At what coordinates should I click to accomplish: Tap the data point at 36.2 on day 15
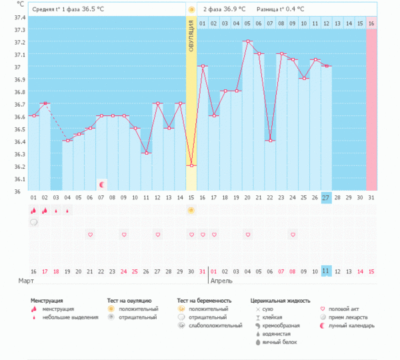191,165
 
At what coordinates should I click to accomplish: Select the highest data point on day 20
247,41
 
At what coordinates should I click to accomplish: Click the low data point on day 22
270,141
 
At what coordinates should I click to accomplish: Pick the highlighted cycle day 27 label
327,198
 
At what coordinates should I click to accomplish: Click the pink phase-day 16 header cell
371,24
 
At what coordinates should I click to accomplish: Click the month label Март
27,281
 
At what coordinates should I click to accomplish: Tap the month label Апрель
221,281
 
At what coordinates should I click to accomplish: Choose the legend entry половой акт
346,309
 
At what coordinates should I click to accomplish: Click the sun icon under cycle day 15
191,211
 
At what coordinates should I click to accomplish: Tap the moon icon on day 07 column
101,184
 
